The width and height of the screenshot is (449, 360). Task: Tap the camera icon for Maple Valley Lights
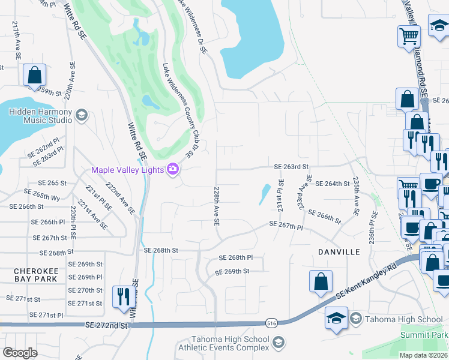tap(173, 170)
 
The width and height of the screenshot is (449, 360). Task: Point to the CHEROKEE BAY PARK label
tap(36, 275)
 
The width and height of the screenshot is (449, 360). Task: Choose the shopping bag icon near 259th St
tap(34, 76)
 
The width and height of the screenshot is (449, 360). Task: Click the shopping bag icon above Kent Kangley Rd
tap(321, 281)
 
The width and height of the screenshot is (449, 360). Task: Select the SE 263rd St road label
tap(291, 167)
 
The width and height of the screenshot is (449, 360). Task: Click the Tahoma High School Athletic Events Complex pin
tap(277, 343)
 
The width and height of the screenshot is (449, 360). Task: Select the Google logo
tap(20, 353)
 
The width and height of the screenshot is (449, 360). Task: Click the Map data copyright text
tap(423, 355)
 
